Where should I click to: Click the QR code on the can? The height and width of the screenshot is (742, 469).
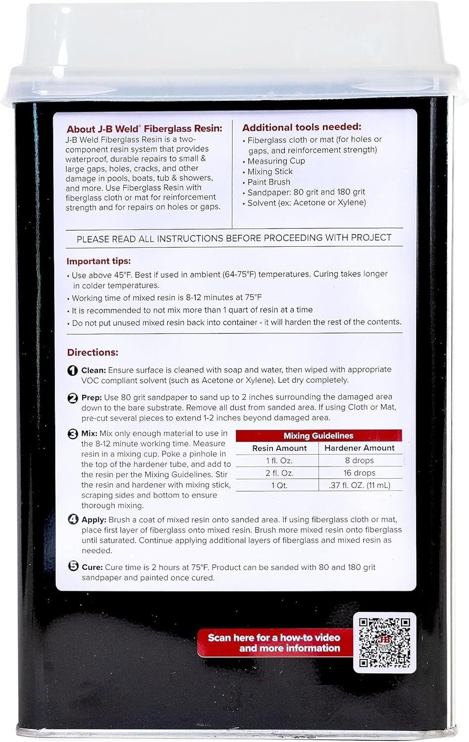click(384, 642)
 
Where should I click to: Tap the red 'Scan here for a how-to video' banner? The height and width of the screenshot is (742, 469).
click(274, 643)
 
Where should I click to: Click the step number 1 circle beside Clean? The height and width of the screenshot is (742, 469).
click(73, 370)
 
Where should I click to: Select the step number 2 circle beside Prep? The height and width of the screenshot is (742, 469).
click(73, 397)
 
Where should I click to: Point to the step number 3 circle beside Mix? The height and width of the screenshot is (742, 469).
click(73, 434)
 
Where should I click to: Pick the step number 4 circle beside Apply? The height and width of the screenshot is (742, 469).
click(73, 520)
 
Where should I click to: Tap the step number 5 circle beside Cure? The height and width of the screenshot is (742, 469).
click(73, 567)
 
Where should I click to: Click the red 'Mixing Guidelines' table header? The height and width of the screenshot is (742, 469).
click(318, 436)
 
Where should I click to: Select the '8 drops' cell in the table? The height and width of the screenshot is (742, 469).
click(359, 461)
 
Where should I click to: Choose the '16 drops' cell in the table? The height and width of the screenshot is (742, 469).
click(359, 473)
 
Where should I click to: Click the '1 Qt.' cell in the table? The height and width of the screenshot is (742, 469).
click(279, 485)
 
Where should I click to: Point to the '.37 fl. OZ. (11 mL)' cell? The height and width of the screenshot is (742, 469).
click(359, 485)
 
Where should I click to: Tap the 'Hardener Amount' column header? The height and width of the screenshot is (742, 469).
click(359, 448)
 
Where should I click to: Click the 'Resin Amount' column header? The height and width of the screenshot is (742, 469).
click(279, 448)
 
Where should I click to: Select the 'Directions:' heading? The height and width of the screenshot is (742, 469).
click(93, 353)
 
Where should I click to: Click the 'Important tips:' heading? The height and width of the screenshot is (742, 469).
click(99, 261)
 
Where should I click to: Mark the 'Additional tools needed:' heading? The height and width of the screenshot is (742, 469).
click(302, 127)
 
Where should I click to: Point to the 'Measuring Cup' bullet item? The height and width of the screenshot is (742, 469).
click(276, 161)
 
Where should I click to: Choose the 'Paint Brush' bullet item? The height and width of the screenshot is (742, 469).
click(269, 182)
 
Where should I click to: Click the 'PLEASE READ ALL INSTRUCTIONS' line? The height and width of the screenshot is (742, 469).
click(234, 238)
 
